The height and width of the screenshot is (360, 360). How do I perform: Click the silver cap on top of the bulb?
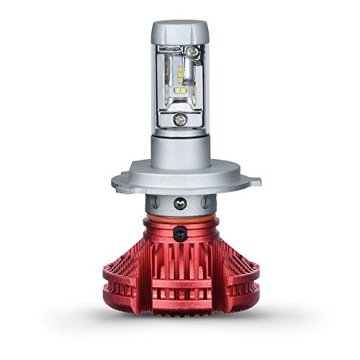(179, 32)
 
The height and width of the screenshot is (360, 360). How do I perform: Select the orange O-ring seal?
(180, 215)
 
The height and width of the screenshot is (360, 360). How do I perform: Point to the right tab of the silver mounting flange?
(248, 180)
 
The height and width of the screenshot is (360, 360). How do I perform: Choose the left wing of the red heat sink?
(122, 277)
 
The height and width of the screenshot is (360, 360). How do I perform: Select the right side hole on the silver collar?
(206, 201)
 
